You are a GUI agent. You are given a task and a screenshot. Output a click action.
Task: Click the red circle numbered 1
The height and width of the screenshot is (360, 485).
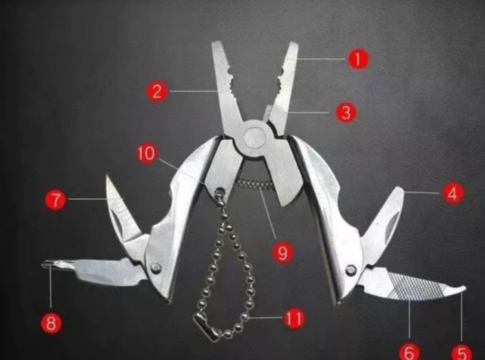point(358,59)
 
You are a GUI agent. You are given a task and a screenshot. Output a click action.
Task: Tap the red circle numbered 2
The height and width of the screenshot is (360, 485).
point(157,91)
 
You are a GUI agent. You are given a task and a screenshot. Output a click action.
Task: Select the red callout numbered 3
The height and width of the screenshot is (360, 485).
point(346,112)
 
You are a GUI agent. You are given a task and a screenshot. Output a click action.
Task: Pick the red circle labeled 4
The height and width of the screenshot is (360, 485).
point(453,193)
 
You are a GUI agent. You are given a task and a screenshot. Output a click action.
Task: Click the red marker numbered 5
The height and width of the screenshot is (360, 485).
point(462,352)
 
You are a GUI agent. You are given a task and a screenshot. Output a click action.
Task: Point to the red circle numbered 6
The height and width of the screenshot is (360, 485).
point(409,352)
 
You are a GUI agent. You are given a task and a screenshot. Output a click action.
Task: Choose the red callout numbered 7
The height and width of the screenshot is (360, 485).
point(56,200)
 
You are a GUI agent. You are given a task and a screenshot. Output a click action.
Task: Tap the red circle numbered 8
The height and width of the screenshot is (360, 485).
point(51,323)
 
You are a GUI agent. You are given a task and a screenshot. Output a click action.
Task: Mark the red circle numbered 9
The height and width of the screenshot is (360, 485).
point(283,253)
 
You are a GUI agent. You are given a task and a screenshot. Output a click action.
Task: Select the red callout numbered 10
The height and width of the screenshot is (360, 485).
point(146,153)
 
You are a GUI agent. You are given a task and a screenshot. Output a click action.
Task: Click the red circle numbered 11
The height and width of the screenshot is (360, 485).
point(294,318)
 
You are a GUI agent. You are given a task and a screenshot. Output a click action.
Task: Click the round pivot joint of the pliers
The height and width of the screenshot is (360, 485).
point(255,137)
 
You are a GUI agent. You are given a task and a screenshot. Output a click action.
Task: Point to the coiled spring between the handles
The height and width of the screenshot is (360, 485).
point(253,185)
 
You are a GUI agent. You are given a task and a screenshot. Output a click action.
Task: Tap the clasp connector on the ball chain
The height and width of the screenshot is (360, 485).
point(207,328)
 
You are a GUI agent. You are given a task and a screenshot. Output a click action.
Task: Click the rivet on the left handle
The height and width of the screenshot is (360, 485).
point(156,268)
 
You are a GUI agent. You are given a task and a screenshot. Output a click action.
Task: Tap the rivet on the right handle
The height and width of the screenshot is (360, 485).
point(350,270)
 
